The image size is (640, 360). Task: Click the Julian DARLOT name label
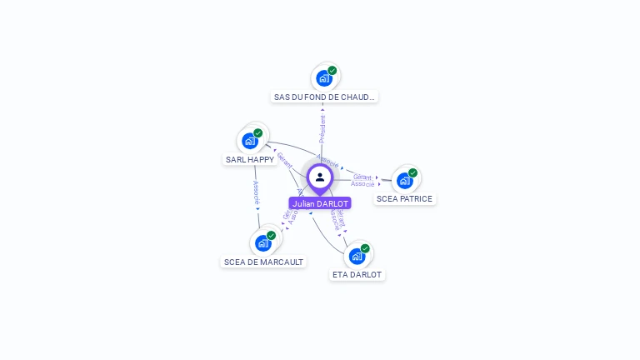pyautogui.click(x=320, y=203)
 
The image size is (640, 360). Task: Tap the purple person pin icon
pyautogui.click(x=320, y=177)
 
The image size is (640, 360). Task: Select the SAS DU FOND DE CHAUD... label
pyautogui.click(x=325, y=97)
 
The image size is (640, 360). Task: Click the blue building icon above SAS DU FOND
pyautogui.click(x=324, y=78)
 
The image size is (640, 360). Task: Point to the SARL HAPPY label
pyautogui.click(x=250, y=159)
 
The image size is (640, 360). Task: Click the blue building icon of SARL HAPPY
pyautogui.click(x=250, y=141)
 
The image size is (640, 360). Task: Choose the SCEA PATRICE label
pyautogui.click(x=404, y=199)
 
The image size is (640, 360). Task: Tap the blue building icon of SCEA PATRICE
pyautogui.click(x=404, y=180)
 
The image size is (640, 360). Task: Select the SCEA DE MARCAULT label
pyautogui.click(x=263, y=262)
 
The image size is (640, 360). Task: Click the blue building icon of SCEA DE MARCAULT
pyautogui.click(x=263, y=242)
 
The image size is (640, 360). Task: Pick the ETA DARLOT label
pyautogui.click(x=357, y=274)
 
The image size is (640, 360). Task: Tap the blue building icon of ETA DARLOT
pyautogui.click(x=357, y=256)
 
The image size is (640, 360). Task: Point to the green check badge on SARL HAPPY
pyautogui.click(x=258, y=133)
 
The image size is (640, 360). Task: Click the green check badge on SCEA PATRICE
pyautogui.click(x=412, y=173)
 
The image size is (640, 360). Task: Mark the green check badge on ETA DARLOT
pyautogui.click(x=365, y=248)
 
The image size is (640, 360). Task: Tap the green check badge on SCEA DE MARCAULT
pyautogui.click(x=271, y=236)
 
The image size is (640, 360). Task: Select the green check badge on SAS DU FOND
pyautogui.click(x=332, y=71)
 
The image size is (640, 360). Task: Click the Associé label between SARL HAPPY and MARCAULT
pyautogui.click(x=256, y=192)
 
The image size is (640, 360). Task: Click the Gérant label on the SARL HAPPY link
pyautogui.click(x=285, y=160)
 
